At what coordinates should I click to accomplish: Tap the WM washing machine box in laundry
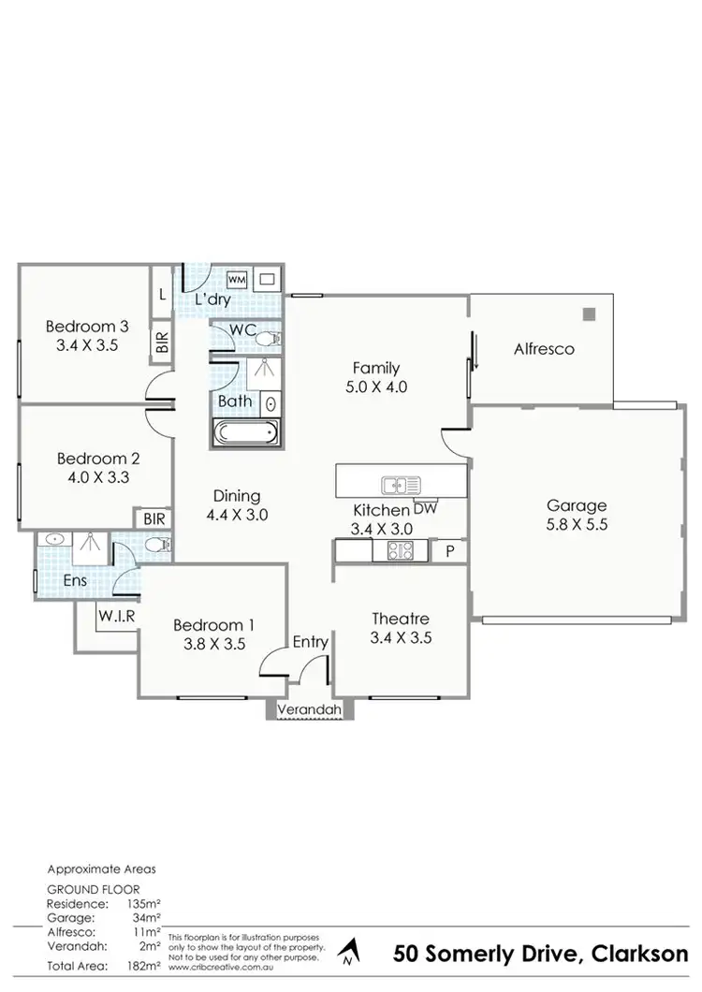236,279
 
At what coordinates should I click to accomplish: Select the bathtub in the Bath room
245,433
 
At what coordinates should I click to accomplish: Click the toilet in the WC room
267,337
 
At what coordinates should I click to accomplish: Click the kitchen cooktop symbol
401,552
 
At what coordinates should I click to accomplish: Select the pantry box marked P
448,552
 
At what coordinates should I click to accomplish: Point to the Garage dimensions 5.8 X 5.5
578,525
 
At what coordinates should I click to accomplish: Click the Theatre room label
400,619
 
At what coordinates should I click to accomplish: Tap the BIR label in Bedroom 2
152,518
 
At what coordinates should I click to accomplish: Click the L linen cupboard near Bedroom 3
162,294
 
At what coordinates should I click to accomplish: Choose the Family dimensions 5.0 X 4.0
376,386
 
